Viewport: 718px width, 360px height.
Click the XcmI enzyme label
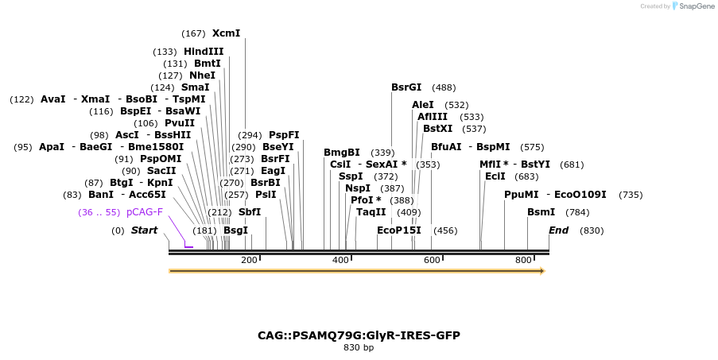[226, 33]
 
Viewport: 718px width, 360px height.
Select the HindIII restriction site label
[204, 52]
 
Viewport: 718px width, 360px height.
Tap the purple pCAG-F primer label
[145, 212]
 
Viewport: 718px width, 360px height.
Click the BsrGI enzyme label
[406, 87]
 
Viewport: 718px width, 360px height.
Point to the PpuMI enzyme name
[521, 195]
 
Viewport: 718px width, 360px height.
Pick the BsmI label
[541, 212]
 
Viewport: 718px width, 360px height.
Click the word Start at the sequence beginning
[144, 230]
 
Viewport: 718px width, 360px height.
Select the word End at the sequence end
[558, 230]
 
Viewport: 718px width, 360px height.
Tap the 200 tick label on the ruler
[249, 260]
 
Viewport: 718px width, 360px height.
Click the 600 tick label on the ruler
[432, 260]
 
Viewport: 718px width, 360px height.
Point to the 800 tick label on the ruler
[523, 260]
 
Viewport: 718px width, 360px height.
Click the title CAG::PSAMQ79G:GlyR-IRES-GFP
[359, 335]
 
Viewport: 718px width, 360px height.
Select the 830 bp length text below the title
[359, 348]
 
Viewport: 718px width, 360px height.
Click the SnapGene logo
[691, 6]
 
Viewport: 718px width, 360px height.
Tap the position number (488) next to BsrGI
[444, 87]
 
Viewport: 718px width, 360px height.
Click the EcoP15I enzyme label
[399, 230]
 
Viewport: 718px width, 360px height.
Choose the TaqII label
[371, 212]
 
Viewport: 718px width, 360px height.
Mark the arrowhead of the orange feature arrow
[542, 271]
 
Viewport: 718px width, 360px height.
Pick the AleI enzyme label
[423, 105]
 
